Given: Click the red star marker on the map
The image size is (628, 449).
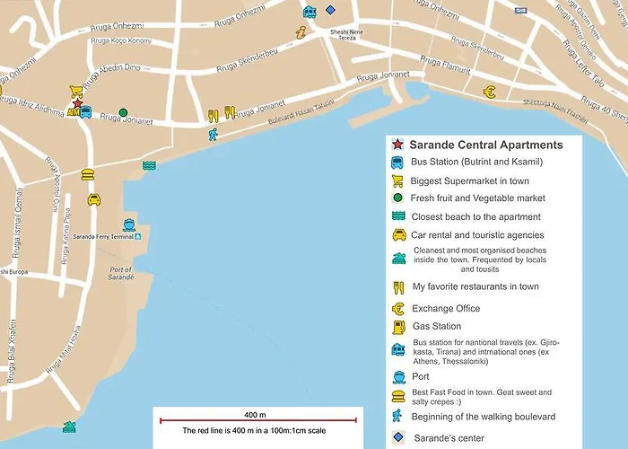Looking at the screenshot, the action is (x=78, y=105).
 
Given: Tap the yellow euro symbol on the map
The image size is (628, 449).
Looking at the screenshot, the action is (x=489, y=92).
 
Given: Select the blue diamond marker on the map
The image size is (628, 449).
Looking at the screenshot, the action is (x=331, y=10).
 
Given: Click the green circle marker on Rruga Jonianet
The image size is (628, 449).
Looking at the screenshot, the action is (x=123, y=113).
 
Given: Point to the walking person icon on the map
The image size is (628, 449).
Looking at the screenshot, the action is (x=213, y=136).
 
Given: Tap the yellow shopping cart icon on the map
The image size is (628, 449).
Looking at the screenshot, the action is (x=75, y=92).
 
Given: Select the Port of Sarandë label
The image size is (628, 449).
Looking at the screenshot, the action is (x=120, y=275).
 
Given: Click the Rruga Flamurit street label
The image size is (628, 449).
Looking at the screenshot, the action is (x=446, y=63).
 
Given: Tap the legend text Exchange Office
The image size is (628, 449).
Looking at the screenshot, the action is (x=446, y=308).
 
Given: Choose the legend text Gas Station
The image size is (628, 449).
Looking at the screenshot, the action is (x=437, y=326).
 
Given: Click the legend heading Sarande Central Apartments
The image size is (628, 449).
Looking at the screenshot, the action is (x=485, y=145).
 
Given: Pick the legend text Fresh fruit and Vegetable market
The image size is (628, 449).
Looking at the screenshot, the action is (x=478, y=198).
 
